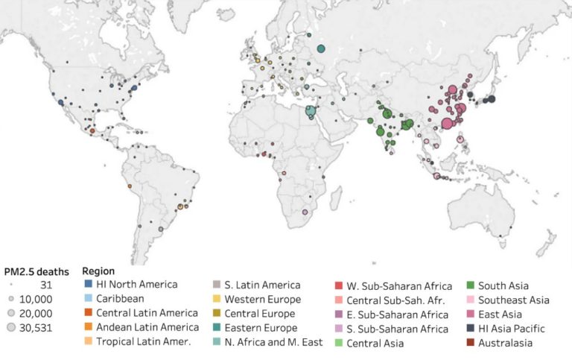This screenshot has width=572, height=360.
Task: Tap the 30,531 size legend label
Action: coord(46,327)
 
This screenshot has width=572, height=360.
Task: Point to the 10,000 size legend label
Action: coord(46,299)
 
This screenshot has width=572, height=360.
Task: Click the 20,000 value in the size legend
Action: coord(46,313)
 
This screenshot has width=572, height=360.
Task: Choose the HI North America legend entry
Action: coord(137,284)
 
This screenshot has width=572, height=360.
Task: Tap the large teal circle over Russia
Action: coord(321,49)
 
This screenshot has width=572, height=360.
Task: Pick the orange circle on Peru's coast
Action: coord(130,186)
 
